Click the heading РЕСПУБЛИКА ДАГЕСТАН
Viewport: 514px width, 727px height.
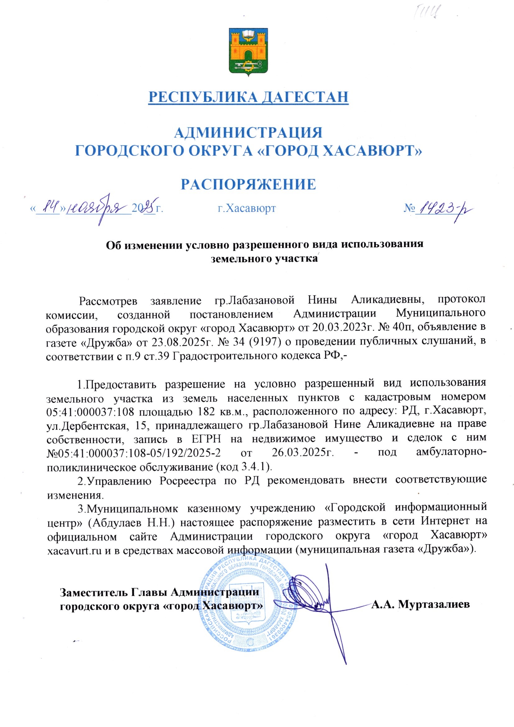tap(249, 97)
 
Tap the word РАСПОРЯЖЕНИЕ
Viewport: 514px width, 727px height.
tap(249, 184)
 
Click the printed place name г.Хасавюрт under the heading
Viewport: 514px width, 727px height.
tap(246, 208)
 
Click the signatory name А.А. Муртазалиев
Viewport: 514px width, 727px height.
tap(420, 604)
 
